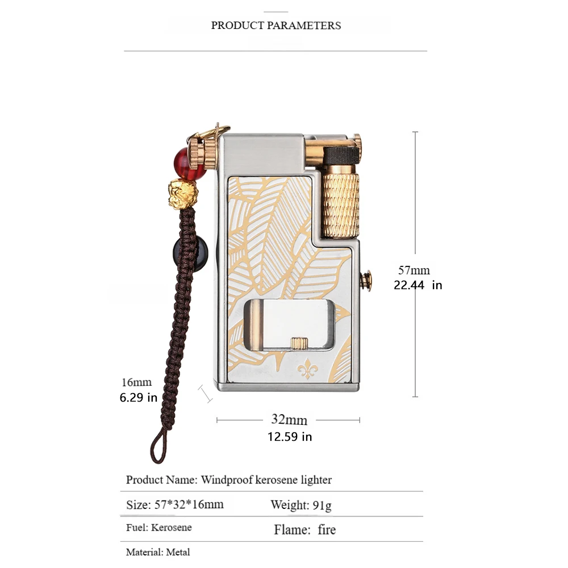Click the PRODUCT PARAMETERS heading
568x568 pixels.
point(276,26)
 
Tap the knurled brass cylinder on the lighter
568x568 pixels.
point(341,204)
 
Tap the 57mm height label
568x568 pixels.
point(414,270)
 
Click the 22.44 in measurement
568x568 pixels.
point(417,285)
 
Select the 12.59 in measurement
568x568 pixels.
point(290,437)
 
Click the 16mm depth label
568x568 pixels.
point(136,382)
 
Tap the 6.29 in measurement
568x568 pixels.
point(138,398)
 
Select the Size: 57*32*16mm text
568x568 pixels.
point(175,504)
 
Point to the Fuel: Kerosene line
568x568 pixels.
point(159,528)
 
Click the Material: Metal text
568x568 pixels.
point(158,552)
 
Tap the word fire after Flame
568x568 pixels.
point(327,530)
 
